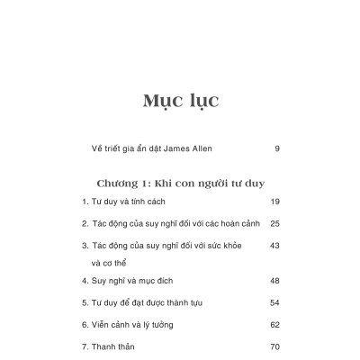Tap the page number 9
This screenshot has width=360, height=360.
(276, 147)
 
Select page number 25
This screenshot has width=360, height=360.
(275, 222)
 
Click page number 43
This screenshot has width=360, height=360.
(275, 245)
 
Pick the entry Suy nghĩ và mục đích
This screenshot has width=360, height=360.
(139, 280)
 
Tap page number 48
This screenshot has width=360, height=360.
(275, 280)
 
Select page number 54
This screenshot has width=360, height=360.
(275, 301)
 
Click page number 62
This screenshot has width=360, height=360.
(275, 323)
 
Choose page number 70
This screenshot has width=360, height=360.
(275, 346)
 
